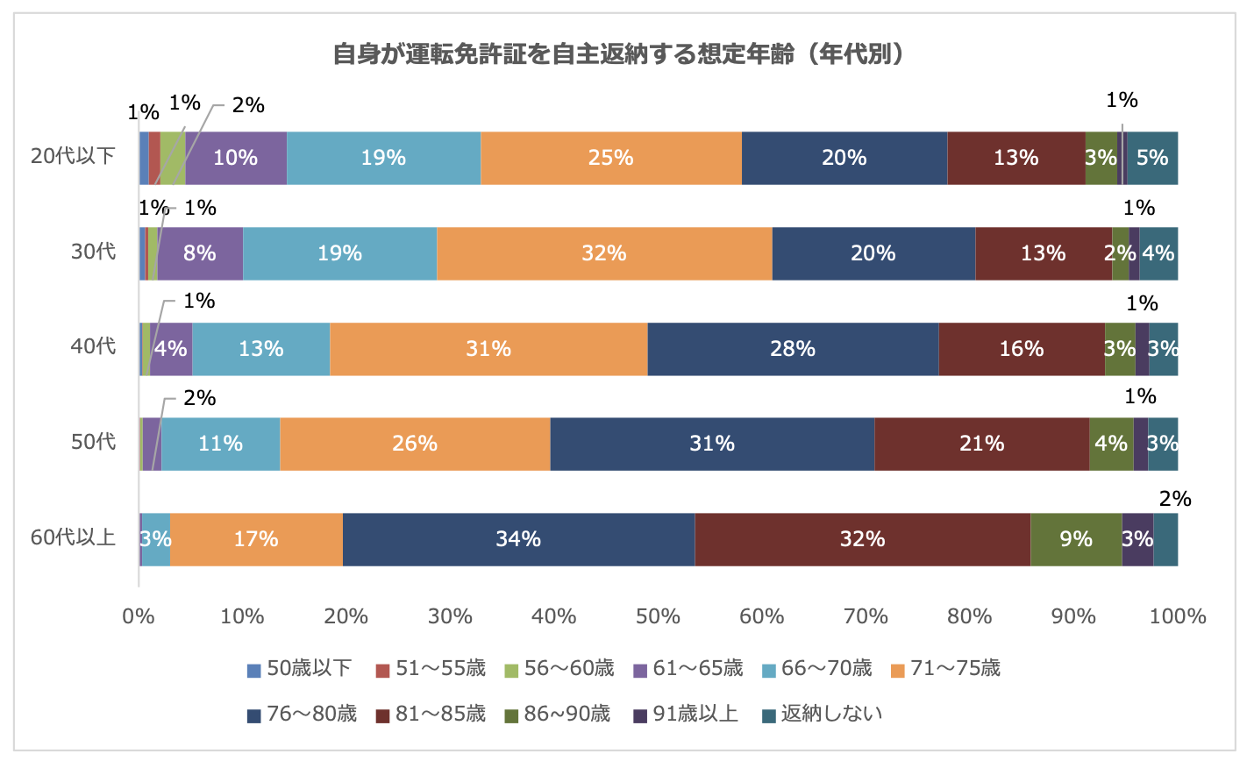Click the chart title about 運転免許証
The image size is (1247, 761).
pos(617,54)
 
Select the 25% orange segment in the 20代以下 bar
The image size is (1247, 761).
pos(611,158)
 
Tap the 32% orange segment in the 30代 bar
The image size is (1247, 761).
pos(604,253)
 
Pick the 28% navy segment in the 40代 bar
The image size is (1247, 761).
pos(793,349)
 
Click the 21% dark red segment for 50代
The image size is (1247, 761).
pos(981,444)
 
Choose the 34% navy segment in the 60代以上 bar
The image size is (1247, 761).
pos(518,539)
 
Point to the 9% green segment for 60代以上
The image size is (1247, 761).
pos(1076,539)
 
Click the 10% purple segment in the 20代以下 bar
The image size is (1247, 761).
pos(236,158)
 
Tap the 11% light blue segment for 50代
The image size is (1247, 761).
pos(220,444)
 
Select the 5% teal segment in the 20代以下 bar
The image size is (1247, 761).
pos(1151,158)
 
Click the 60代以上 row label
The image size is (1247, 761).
pos(74,537)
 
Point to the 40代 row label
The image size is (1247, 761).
pos(94,346)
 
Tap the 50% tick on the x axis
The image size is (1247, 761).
pos(658,616)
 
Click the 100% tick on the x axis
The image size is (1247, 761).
pos(1178,616)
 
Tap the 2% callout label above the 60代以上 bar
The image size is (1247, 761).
pos(1175,499)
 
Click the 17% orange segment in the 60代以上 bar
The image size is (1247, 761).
pos(256,539)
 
